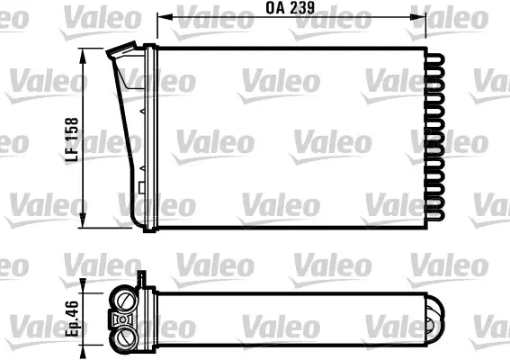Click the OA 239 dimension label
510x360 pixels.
pos(291,8)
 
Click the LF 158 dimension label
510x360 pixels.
pos(72,139)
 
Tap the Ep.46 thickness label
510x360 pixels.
pos(72,319)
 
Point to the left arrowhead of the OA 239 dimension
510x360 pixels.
pos(165,16)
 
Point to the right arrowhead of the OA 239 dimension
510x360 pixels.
pos(418,16)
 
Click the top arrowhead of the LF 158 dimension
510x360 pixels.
pos(84,56)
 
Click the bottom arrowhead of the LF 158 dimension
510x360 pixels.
pos(84,220)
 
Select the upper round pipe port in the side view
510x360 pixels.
pos(125,300)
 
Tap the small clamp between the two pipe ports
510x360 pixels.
pos(123,319)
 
